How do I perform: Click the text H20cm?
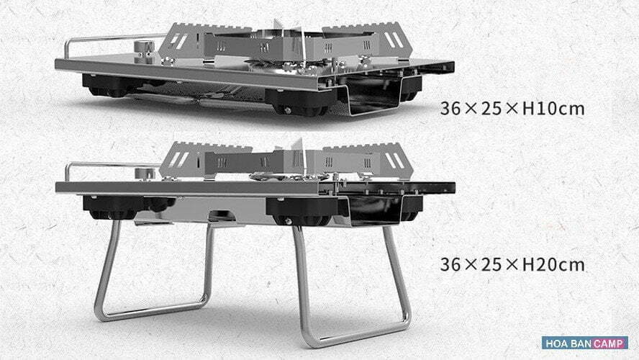point(553,264)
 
